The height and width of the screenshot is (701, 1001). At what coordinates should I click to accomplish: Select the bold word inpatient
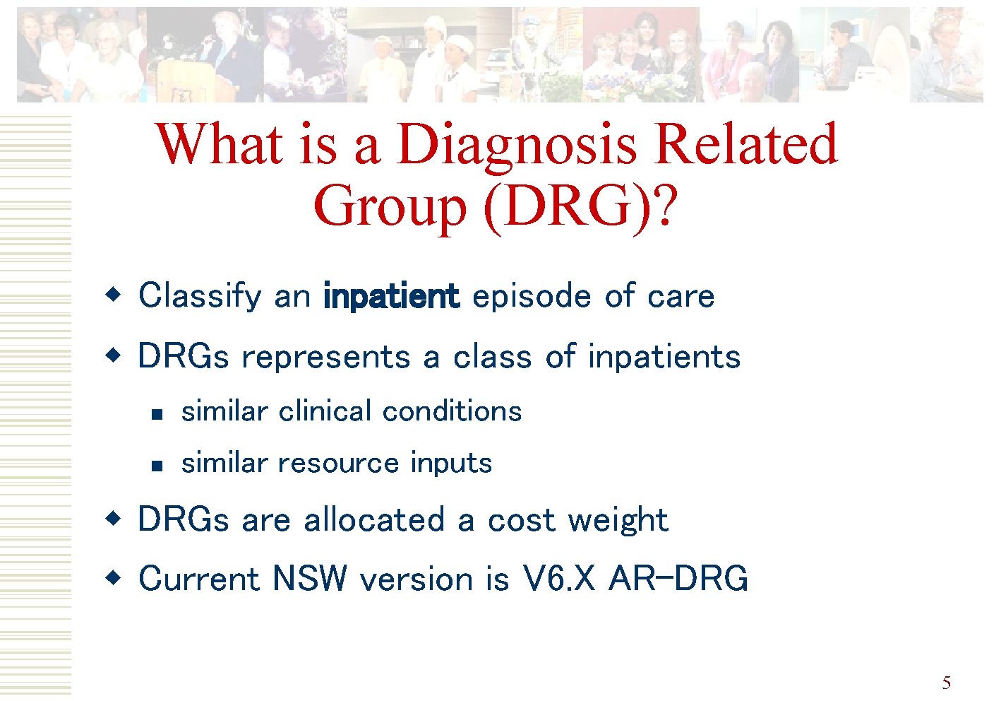pos(391,296)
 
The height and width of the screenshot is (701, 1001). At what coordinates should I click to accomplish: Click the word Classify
pos(200,296)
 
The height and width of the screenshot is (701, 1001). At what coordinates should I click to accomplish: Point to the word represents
pos(325,357)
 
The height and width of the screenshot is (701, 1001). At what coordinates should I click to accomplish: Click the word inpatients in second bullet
pos(664,356)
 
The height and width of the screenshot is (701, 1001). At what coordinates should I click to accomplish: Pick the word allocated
pos(374,520)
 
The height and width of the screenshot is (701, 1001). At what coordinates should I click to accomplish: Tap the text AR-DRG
pos(678,579)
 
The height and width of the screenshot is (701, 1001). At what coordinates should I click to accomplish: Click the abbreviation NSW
pos(310,579)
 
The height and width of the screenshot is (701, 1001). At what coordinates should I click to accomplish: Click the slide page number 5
pos(946,683)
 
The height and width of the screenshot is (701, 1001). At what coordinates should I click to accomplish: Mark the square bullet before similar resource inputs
pos(157,466)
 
